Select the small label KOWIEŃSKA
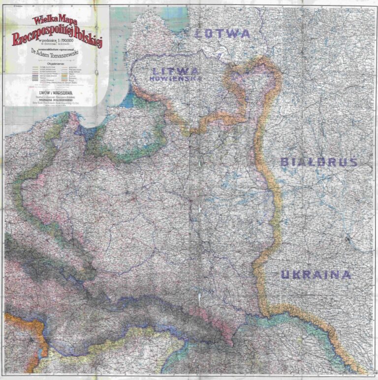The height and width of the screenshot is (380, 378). pyautogui.click(x=170, y=78)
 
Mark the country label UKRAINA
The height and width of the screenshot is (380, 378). pyautogui.click(x=316, y=275)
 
